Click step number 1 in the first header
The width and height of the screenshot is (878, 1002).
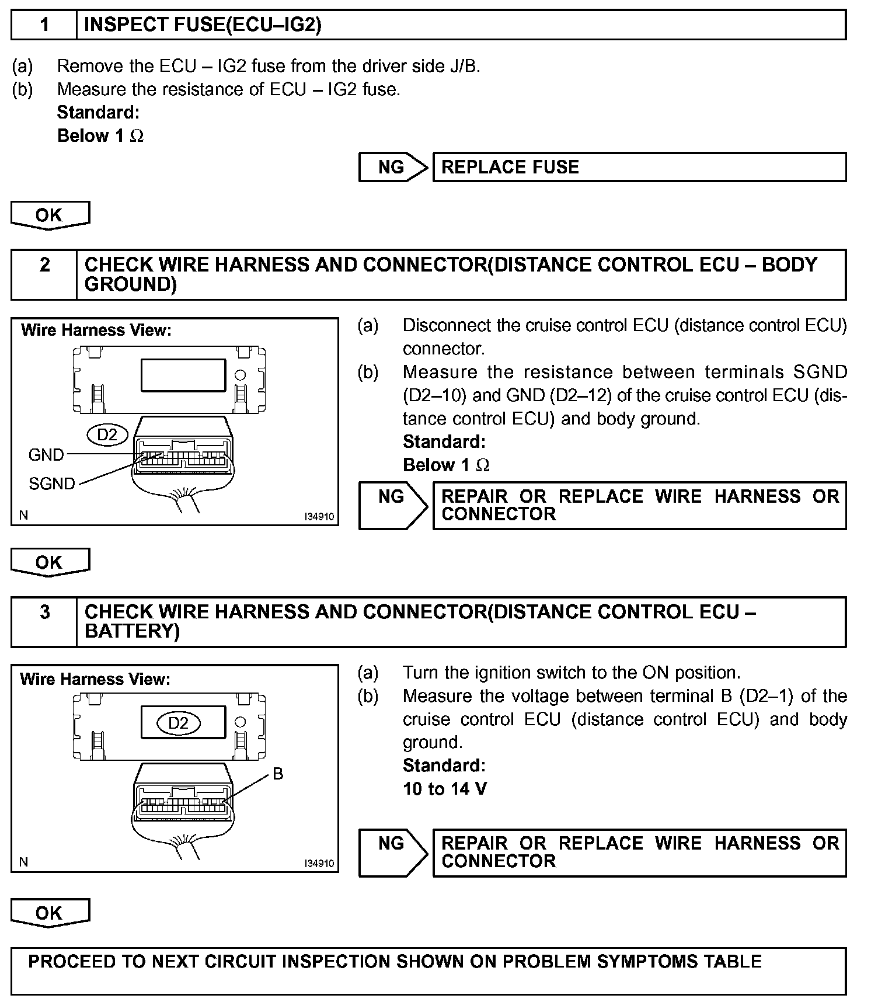(x=44, y=25)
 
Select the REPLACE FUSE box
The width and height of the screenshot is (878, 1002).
(x=639, y=168)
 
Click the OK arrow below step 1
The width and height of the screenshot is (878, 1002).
(x=50, y=215)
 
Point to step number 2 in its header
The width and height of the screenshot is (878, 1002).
(x=44, y=265)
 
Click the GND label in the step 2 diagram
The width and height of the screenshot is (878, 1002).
(x=46, y=454)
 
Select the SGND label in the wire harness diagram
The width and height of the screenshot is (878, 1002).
(x=52, y=483)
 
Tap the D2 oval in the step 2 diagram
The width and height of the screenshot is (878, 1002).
(x=107, y=434)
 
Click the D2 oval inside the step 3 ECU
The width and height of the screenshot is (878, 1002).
(x=179, y=723)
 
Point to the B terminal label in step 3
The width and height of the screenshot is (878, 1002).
(x=278, y=774)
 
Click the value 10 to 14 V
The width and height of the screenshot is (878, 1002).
(x=445, y=789)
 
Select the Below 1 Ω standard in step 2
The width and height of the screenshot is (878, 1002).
(x=446, y=465)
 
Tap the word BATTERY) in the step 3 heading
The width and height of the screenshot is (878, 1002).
(x=132, y=631)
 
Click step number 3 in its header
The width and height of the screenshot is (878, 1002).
(x=44, y=612)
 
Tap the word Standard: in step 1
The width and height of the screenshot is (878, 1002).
(x=98, y=112)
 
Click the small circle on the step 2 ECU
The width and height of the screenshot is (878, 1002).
(x=240, y=375)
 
